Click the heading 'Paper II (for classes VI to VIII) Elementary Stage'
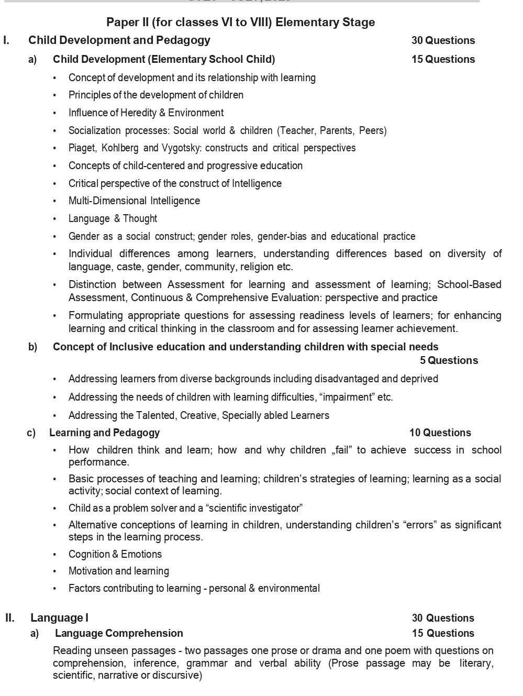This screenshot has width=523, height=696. coord(240,22)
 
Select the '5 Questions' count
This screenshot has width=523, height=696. coord(449,360)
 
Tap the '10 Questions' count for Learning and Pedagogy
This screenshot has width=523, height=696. coord(440,433)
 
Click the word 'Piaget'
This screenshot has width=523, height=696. coord(82,148)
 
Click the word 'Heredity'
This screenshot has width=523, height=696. coord(138,113)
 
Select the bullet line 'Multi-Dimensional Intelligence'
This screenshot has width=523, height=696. coord(134,201)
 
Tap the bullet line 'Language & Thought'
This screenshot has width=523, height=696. coord(113,218)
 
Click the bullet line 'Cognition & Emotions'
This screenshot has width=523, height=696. coord(115,554)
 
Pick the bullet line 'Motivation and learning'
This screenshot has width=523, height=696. coord(118,571)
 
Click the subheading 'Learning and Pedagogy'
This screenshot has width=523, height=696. coord(104,433)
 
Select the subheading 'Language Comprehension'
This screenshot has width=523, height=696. coord(119,633)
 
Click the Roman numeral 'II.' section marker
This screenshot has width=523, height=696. coord(10,618)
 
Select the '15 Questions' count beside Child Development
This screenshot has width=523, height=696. coord(443,59)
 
